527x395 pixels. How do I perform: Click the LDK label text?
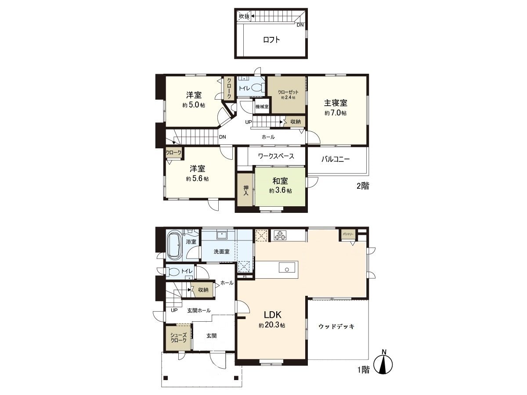275,315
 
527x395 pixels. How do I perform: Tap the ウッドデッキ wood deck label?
336,327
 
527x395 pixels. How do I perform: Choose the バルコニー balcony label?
336,159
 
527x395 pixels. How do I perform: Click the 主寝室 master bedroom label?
336,103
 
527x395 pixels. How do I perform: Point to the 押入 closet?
245,189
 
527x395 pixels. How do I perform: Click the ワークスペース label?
276,156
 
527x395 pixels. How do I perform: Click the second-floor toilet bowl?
257,87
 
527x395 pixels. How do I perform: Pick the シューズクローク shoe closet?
178,338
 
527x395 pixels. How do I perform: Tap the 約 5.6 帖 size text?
197,179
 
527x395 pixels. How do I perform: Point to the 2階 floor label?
362,186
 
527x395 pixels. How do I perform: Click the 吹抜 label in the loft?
244,16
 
